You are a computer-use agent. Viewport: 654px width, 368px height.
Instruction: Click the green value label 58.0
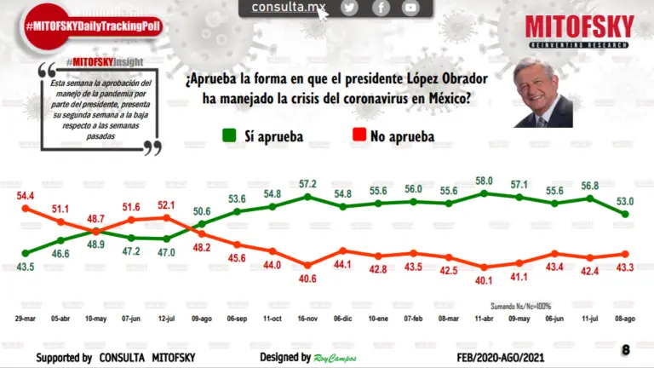point(484,181)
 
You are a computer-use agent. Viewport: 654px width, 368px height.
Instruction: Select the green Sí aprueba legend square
point(229,135)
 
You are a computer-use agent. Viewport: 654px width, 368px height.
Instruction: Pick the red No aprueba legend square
point(359,135)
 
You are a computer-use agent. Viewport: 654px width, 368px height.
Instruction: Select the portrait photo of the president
point(542,95)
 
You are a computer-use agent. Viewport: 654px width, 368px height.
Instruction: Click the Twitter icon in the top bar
point(349,8)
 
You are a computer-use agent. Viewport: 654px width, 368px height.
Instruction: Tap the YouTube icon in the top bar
point(410,8)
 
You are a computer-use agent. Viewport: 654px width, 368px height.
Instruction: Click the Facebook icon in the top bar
point(380,8)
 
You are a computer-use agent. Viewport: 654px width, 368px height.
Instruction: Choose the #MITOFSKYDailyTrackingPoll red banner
point(92,26)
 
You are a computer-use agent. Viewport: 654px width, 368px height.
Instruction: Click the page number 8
point(626,349)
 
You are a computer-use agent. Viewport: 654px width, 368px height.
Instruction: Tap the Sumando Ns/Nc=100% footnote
point(521,305)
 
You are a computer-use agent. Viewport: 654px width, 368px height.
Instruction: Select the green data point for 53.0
point(626,214)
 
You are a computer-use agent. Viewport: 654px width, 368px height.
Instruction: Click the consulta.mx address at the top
point(289,8)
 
